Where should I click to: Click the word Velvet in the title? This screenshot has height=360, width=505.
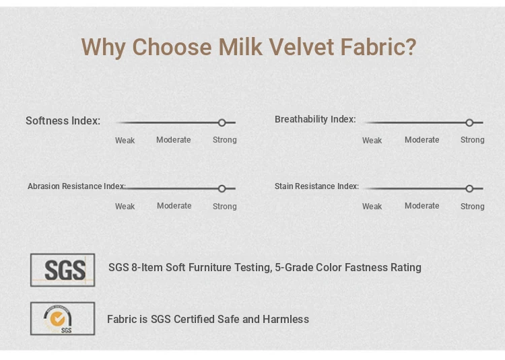click(301, 47)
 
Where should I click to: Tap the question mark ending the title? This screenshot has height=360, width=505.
click(410, 47)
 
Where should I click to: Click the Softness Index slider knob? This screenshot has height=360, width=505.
click(222, 122)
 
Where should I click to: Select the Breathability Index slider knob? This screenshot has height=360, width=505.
click(469, 122)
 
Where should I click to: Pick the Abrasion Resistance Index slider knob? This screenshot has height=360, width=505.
click(222, 188)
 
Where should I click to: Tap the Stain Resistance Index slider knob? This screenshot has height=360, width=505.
click(469, 188)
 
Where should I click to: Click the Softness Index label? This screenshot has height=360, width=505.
click(63, 120)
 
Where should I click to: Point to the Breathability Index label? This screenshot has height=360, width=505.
click(315, 119)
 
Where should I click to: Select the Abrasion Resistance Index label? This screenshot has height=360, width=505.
click(77, 186)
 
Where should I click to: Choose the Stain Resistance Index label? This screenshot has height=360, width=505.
click(316, 186)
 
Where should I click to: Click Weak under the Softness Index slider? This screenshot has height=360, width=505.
click(125, 141)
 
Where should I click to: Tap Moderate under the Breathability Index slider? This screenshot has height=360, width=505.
click(422, 140)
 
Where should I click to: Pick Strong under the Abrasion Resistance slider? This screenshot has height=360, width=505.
click(224, 207)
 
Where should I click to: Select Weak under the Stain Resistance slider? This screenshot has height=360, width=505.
click(372, 207)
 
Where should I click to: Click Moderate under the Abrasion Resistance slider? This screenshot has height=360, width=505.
click(174, 206)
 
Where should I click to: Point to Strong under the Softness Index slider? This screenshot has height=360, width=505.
click(224, 140)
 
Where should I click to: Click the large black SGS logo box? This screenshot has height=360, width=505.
click(63, 270)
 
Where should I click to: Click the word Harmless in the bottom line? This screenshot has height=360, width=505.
click(285, 319)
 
